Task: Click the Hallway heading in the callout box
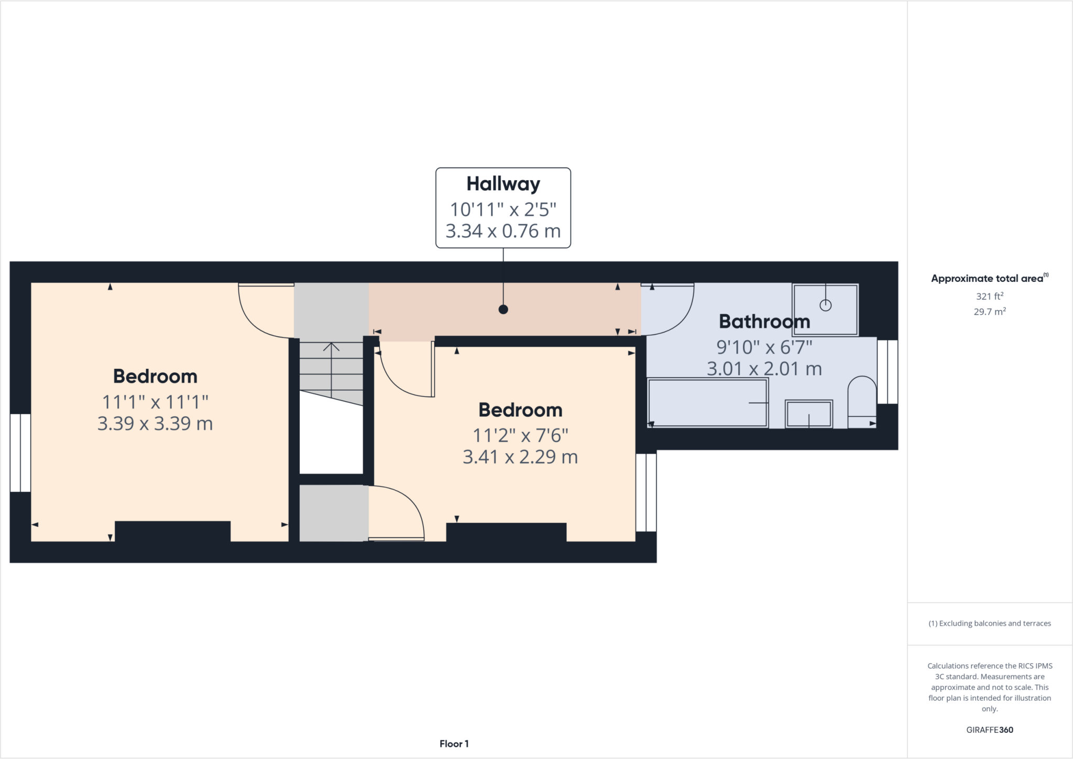point(503,184)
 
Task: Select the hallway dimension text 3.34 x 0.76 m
point(503,231)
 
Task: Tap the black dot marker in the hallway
point(503,310)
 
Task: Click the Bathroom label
point(764,321)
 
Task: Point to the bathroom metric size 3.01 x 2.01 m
point(764,369)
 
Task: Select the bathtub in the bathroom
point(707,403)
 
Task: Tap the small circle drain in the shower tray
point(825,305)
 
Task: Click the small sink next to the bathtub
point(808,414)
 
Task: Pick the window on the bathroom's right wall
point(887,371)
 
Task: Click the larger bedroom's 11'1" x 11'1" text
point(155,402)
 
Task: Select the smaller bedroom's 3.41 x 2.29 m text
point(520,457)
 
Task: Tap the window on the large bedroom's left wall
point(20,453)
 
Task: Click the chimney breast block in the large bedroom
point(172,531)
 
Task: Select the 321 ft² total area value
point(989,296)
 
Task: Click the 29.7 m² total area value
point(989,312)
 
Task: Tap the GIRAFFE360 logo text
point(989,730)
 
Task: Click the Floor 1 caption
point(454,744)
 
